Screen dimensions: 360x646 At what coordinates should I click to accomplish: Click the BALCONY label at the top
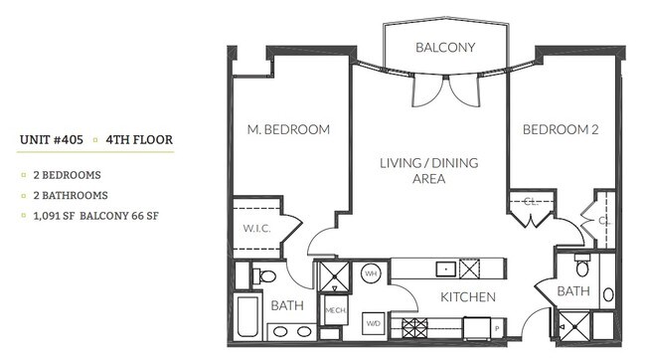click(x=444, y=47)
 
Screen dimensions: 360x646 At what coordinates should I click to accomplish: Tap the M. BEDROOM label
click(x=288, y=129)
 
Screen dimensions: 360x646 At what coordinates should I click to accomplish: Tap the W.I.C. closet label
click(x=255, y=227)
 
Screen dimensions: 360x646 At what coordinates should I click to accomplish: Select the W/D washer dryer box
click(x=375, y=323)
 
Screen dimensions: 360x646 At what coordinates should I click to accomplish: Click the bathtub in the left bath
click(x=249, y=318)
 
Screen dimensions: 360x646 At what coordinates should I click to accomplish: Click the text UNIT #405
click(x=52, y=140)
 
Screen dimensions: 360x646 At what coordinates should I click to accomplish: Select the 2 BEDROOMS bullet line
click(x=68, y=175)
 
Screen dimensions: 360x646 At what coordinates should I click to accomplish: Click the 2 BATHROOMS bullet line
click(x=70, y=196)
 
